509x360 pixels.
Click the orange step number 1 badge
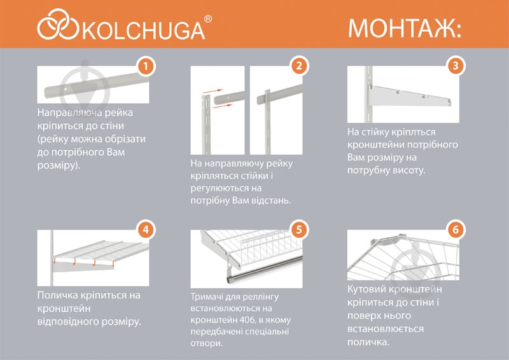coord(146,66)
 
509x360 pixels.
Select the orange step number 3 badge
coord(455,66)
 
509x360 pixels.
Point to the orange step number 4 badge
coord(146,228)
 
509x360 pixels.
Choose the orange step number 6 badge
coord(455,228)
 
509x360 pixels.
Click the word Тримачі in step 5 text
coord(207,297)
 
